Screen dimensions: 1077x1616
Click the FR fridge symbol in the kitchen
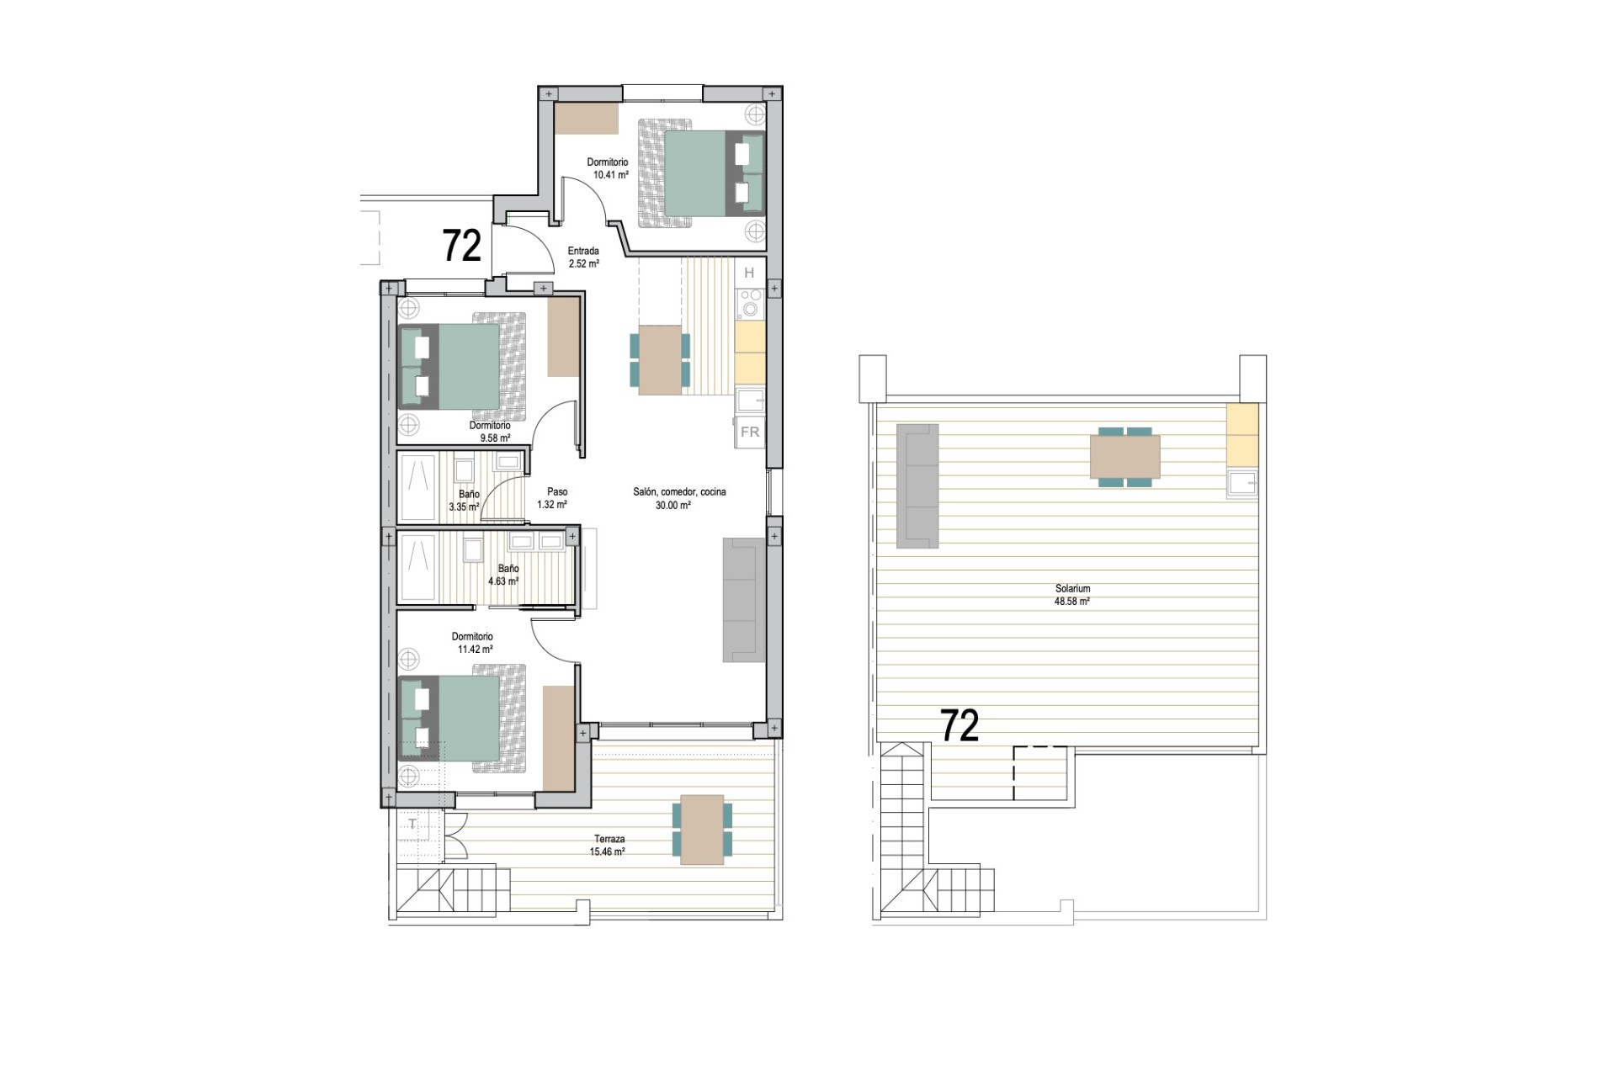(x=749, y=432)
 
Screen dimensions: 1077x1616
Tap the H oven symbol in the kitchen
(x=749, y=273)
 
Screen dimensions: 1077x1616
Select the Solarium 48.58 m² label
(x=1072, y=595)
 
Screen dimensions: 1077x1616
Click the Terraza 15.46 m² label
(x=608, y=845)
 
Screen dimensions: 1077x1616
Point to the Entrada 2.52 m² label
(x=583, y=257)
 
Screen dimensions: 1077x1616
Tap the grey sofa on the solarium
(x=917, y=485)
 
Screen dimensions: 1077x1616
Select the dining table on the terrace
(x=702, y=830)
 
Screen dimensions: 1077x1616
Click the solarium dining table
(x=1124, y=456)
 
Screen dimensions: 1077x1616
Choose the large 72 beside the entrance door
(x=462, y=246)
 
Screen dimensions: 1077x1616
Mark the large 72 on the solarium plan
(x=959, y=726)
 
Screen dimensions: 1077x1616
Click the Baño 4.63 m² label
(x=504, y=575)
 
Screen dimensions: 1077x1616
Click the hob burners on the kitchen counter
(x=749, y=303)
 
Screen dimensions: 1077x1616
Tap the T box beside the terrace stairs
(x=413, y=825)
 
